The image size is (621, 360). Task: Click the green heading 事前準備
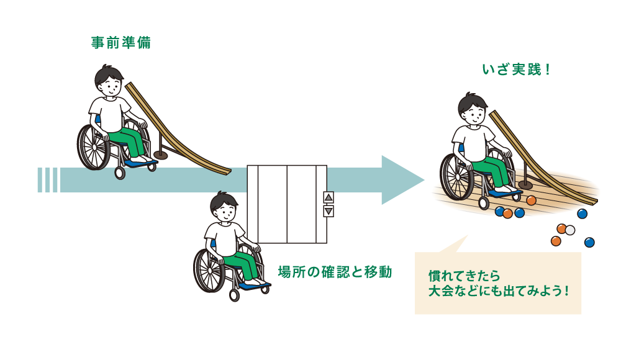click(120, 43)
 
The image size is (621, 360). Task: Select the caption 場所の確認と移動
click(335, 271)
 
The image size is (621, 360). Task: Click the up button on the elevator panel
click(329, 197)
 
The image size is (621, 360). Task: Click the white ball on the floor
click(569, 230)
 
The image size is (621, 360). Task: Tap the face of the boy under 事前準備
click(110, 84)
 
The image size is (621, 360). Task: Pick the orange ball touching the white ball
click(561, 229)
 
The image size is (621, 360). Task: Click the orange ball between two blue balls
click(508, 214)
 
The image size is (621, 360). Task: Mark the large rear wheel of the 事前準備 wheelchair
click(94, 147)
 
